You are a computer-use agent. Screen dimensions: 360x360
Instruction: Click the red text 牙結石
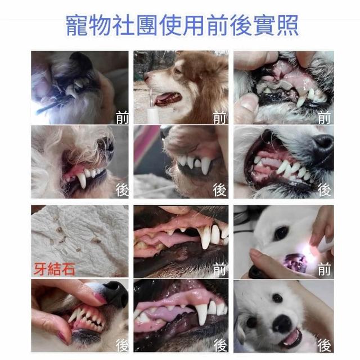click(x=55, y=269)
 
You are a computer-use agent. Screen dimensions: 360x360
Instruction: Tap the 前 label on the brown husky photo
click(x=219, y=118)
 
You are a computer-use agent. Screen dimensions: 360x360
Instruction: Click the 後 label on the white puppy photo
click(x=325, y=345)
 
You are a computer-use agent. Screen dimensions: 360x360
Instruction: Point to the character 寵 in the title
click(x=77, y=25)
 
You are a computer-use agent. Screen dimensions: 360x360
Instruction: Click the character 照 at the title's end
click(x=287, y=25)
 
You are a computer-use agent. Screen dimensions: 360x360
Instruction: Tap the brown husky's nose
click(x=147, y=76)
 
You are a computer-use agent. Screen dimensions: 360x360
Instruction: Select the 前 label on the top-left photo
click(x=122, y=118)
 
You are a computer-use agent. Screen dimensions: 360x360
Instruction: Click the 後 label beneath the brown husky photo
click(x=219, y=190)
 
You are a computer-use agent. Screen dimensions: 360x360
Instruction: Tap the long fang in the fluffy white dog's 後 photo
click(x=82, y=180)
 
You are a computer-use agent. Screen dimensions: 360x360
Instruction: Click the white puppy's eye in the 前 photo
click(x=281, y=233)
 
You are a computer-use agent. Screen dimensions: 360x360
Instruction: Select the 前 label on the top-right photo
click(x=324, y=118)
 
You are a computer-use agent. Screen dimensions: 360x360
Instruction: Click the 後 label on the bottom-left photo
click(x=122, y=345)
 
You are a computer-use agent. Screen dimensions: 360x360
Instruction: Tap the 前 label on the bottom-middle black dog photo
click(x=220, y=269)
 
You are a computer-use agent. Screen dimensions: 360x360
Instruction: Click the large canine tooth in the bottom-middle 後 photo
click(x=202, y=314)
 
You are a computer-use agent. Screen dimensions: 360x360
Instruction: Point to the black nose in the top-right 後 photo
click(x=323, y=141)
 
